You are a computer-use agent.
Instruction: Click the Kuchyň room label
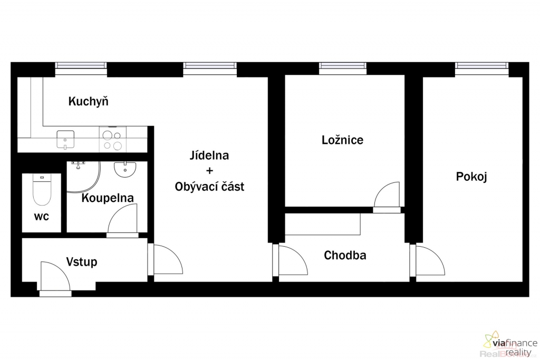(89, 102)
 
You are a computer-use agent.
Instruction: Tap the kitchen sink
(65, 139)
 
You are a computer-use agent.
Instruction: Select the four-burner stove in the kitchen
(113, 139)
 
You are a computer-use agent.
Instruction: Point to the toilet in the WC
(42, 190)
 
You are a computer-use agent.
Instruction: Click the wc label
(41, 217)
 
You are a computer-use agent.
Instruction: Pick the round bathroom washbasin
(125, 169)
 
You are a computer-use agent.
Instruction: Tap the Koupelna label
(108, 198)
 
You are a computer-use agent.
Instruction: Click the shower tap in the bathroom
(79, 165)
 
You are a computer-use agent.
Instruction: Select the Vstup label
(82, 262)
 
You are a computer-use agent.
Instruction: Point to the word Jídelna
(209, 155)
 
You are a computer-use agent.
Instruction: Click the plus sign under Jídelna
(209, 171)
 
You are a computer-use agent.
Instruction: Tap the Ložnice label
(342, 140)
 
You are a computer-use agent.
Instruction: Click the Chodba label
(345, 255)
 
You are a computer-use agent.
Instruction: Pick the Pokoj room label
(471, 177)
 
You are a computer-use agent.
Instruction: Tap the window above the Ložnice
(342, 68)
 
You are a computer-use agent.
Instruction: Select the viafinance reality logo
(510, 344)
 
